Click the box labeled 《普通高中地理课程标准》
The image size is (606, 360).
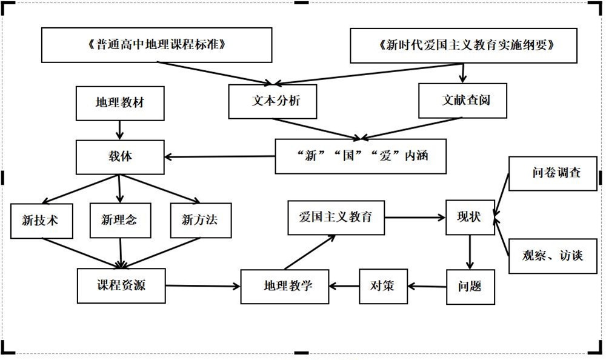click(156, 45)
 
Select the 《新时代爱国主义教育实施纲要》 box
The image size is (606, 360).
click(464, 45)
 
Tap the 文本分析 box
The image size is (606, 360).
click(273, 102)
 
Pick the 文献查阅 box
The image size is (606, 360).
click(462, 101)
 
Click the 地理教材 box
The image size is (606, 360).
click(120, 103)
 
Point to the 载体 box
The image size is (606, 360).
click(120, 157)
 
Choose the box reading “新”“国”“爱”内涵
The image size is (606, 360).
click(361, 156)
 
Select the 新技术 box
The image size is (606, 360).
click(42, 221)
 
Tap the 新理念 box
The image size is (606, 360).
click(120, 221)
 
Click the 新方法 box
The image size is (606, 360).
click(201, 221)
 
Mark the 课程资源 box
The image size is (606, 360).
click(121, 285)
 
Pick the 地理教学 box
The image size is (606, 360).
click(285, 287)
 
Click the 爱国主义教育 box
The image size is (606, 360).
click(336, 218)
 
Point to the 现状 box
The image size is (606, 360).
click(470, 218)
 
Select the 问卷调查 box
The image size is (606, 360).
click(553, 173)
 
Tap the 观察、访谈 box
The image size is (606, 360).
click(553, 256)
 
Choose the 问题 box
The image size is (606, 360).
click(471, 287)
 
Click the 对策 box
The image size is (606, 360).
click(384, 287)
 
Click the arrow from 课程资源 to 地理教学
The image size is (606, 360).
click(203, 286)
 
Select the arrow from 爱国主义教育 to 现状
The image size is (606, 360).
click(415, 218)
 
